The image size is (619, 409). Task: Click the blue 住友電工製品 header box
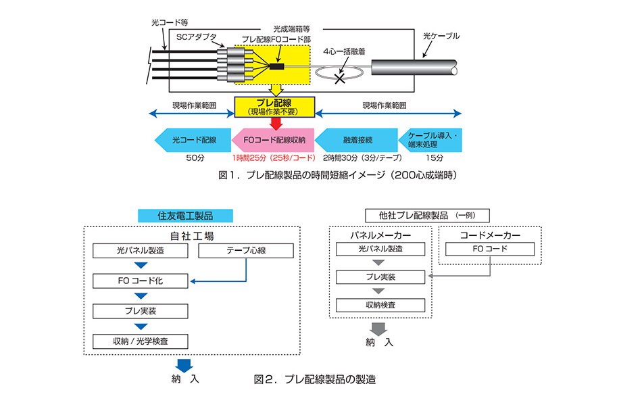[185, 216]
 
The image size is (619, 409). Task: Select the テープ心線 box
[246, 250]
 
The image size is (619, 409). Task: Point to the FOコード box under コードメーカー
[490, 248]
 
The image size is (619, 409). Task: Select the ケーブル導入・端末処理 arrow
[430, 141]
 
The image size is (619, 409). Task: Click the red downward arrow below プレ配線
[274, 123]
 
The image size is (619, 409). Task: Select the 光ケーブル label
[440, 35]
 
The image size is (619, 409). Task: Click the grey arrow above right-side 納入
[380, 329]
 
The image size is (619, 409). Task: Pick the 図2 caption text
[315, 379]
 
